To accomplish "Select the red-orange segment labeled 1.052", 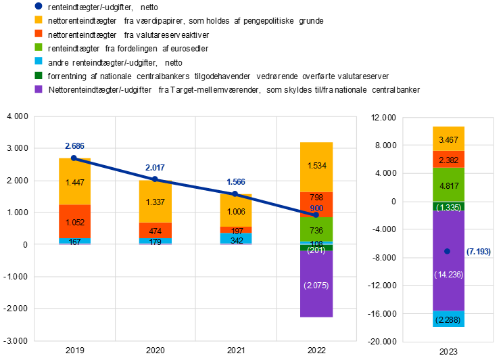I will coord(74,221).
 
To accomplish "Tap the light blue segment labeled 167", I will coord(74,241).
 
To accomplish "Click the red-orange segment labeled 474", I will coord(155,230).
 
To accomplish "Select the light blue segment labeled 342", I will coord(236,238).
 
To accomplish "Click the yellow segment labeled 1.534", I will coord(317,166).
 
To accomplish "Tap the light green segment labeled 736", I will coord(317,230).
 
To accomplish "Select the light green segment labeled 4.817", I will coord(449,185).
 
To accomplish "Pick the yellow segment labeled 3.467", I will coord(449,139).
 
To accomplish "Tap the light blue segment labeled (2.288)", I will coord(449,319).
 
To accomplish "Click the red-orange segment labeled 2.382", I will coord(449,160).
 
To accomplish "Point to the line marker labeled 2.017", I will coord(155,179).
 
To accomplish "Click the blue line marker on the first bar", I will coord(74,158).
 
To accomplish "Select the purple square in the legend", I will coord(39,89).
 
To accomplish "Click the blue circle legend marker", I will coord(39,5).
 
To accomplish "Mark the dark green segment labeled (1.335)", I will coord(449,206).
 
